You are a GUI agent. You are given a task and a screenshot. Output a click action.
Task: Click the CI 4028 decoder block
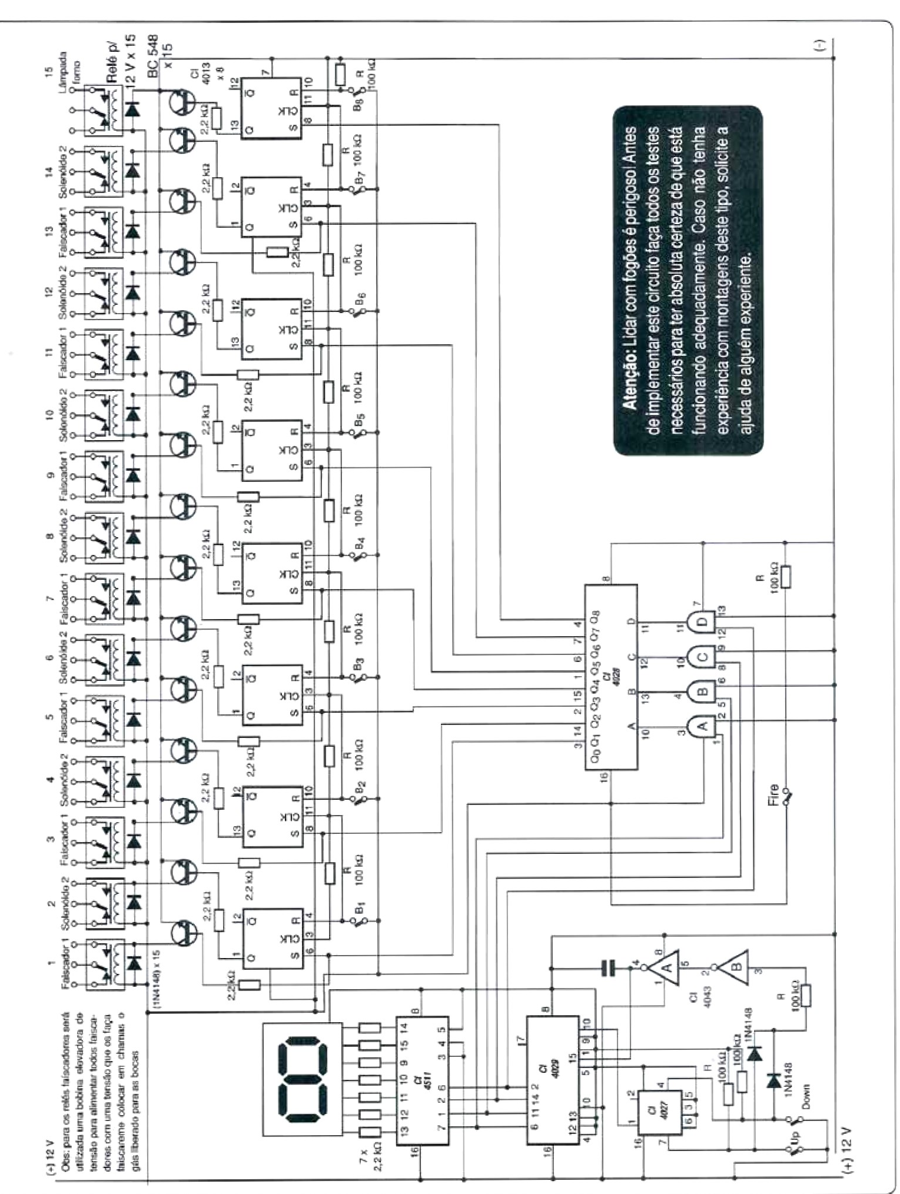611,677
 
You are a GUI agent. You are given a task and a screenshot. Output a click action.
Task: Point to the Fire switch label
773,794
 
